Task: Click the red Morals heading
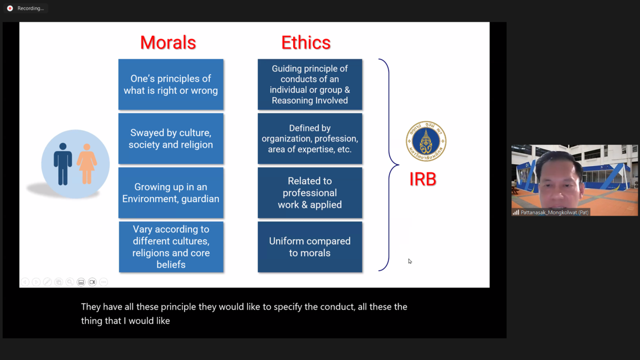click(x=168, y=43)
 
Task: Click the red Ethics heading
click(x=306, y=43)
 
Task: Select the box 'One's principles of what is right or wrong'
click(x=171, y=84)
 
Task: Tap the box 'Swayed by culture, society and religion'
click(x=171, y=139)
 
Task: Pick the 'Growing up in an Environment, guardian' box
click(x=171, y=193)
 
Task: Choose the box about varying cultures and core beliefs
click(x=171, y=247)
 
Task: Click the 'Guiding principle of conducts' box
click(x=310, y=84)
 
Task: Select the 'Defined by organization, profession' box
click(x=310, y=139)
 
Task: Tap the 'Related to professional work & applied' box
click(x=310, y=193)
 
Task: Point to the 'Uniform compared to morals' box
click(x=310, y=247)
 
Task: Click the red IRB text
click(x=423, y=179)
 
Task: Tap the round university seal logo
click(x=426, y=141)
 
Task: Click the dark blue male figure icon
click(x=63, y=164)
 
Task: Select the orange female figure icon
click(x=86, y=164)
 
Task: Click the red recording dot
click(x=10, y=8)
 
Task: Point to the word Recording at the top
click(x=31, y=8)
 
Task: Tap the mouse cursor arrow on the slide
click(x=410, y=261)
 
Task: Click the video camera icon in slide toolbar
click(x=92, y=282)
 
